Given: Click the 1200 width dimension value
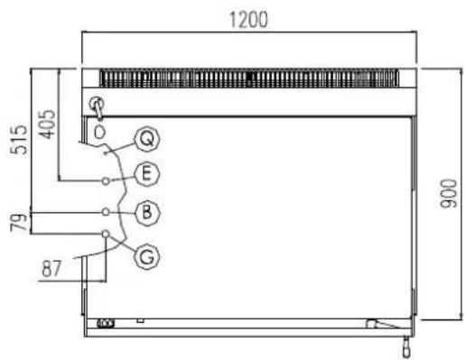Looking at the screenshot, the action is pyautogui.click(x=248, y=20).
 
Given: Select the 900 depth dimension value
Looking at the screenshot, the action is pyautogui.click(x=448, y=194).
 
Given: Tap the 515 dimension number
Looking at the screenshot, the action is pyautogui.click(x=19, y=139).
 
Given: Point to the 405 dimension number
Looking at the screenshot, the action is pyautogui.click(x=48, y=125).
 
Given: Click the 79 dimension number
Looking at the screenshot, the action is pyautogui.click(x=18, y=222).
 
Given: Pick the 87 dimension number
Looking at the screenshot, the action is pyautogui.click(x=51, y=269).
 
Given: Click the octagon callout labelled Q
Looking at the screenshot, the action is pyautogui.click(x=147, y=139).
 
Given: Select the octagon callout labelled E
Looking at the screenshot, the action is pyautogui.click(x=146, y=174).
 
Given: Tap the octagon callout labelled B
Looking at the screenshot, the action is pyautogui.click(x=147, y=212).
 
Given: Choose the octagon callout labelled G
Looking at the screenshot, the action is pyautogui.click(x=147, y=257).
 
